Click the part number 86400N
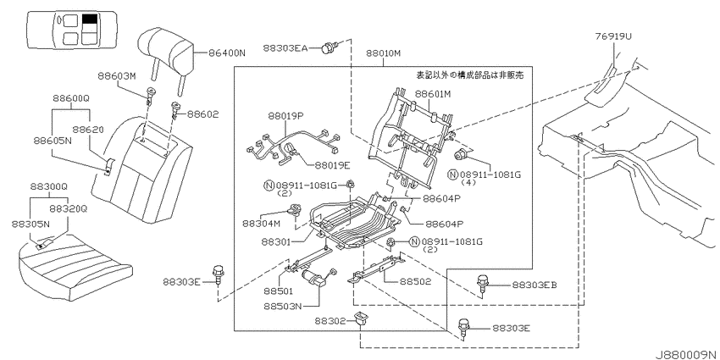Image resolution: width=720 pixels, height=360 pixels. (x=227, y=53)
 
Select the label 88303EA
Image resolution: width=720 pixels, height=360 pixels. (x=285, y=47)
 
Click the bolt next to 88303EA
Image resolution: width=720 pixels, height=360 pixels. (x=330, y=47)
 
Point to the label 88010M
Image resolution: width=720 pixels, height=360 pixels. (x=384, y=53)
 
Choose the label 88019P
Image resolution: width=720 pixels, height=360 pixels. (x=286, y=116)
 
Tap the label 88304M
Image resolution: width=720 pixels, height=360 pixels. (x=260, y=223)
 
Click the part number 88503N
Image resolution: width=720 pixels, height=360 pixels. (x=283, y=306)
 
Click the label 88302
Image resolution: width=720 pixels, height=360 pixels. (x=330, y=321)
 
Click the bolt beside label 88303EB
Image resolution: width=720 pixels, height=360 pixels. (x=482, y=283)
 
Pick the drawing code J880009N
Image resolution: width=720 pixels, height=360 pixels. (x=686, y=354)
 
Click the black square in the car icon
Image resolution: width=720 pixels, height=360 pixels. (x=90, y=19)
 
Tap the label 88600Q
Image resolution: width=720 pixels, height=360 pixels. (x=70, y=98)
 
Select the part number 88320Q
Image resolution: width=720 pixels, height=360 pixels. (x=68, y=209)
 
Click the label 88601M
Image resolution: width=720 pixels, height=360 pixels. (x=433, y=94)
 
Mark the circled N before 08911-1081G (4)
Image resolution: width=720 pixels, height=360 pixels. (x=453, y=174)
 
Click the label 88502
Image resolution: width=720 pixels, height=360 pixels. (x=415, y=281)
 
